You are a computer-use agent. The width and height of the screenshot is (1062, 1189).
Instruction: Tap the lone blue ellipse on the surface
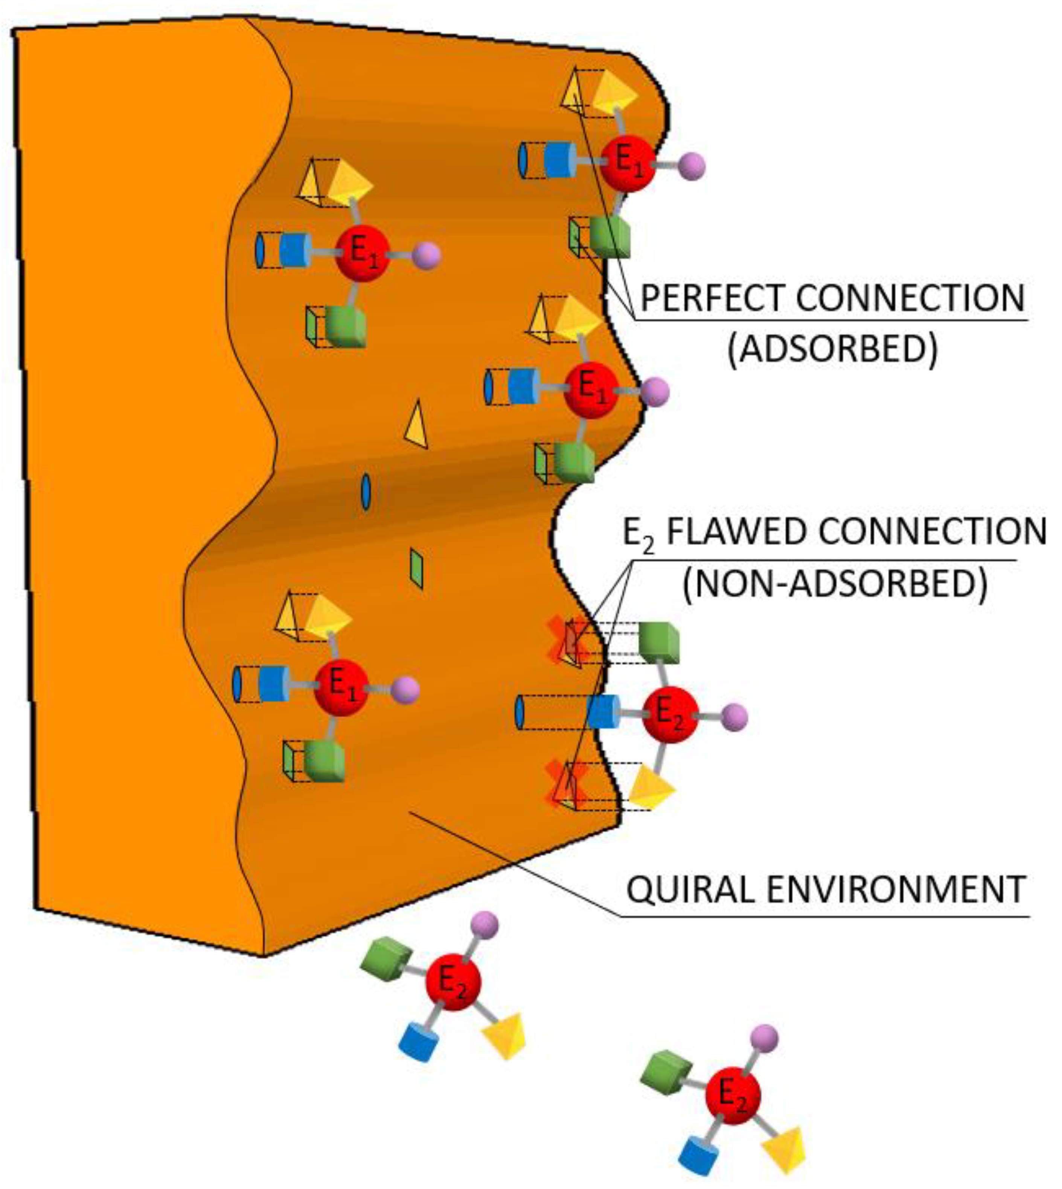click(x=366, y=492)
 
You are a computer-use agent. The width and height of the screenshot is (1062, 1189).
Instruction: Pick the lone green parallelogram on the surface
click(x=417, y=568)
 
